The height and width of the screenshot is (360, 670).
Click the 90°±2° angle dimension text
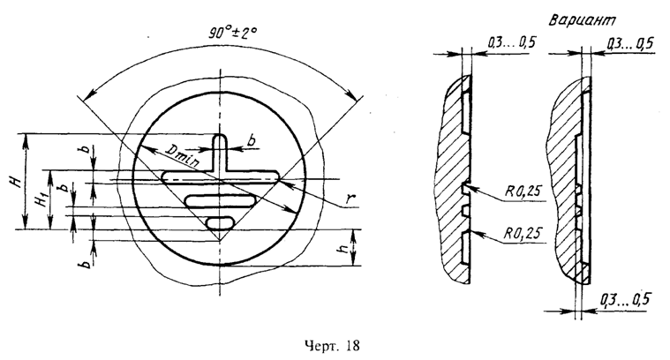point(233,33)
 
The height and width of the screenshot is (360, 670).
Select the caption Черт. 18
point(332,346)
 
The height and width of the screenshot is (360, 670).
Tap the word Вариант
point(583,19)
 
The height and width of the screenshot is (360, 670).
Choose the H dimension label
point(16,183)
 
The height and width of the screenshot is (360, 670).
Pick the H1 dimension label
point(41,199)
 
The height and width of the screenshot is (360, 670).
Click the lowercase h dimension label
point(342,248)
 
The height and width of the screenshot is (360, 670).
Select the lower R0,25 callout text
point(523,234)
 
